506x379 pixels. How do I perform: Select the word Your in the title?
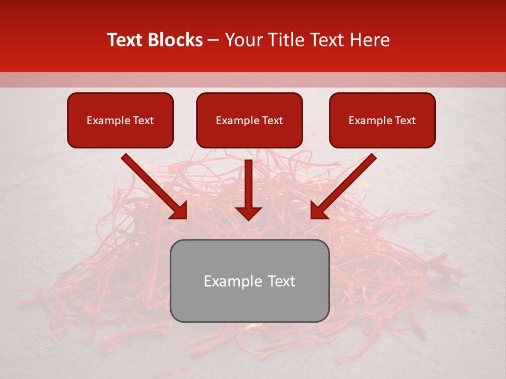(241, 40)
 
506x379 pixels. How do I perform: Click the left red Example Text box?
(120, 121)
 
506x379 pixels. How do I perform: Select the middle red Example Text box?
(249, 121)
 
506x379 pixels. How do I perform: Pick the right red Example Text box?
(382, 121)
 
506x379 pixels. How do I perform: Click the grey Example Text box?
(249, 281)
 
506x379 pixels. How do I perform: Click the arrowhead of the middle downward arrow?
(248, 213)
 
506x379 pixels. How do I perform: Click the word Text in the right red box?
(405, 121)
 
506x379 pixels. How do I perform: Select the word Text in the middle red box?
(272, 121)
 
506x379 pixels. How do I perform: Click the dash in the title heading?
(213, 40)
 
